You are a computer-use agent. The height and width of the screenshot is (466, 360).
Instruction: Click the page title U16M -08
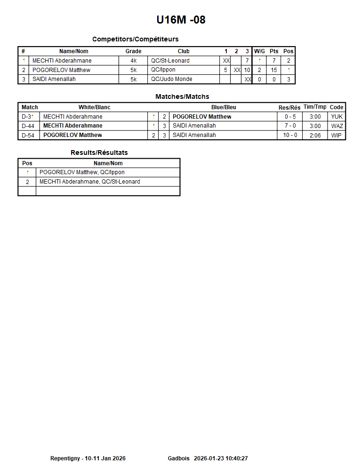[x=181, y=20]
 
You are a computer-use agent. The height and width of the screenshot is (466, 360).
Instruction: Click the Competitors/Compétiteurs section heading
[x=135, y=39]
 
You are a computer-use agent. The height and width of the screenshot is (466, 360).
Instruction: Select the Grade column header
[x=133, y=51]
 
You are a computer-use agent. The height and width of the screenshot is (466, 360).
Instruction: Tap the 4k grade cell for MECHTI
[x=133, y=61]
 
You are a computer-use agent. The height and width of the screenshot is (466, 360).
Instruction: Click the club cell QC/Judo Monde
[x=171, y=79]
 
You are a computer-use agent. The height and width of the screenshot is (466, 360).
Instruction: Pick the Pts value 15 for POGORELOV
[x=274, y=70]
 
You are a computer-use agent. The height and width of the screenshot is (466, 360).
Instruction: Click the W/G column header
[x=259, y=51]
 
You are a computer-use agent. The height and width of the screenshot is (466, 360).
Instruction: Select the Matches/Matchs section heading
[x=182, y=96]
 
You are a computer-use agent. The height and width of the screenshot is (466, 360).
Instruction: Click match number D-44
[x=28, y=126]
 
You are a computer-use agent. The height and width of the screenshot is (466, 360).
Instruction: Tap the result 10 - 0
[x=290, y=135]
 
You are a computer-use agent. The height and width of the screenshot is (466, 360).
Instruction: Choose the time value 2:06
[x=315, y=135]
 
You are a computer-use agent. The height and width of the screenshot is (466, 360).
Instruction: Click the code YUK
[x=337, y=117]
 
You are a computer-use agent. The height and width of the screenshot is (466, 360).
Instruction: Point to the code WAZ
[x=337, y=126]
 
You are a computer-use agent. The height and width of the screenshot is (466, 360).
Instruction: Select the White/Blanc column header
[x=94, y=107]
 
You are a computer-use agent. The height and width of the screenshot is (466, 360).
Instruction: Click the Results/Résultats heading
[x=99, y=153]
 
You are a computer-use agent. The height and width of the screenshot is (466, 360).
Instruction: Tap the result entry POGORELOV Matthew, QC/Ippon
[x=82, y=172]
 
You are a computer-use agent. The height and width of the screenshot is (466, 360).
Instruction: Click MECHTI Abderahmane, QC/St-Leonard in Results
[x=89, y=182]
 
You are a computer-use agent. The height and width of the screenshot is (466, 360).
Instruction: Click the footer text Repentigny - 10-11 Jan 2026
[x=88, y=458]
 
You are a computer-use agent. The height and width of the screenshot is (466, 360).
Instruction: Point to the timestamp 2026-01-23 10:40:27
[x=221, y=458]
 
